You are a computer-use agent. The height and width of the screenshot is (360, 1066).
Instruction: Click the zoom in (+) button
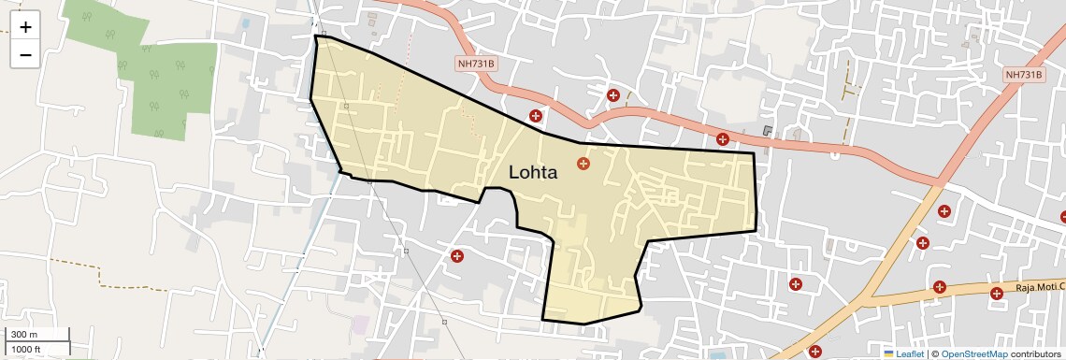click(25, 27)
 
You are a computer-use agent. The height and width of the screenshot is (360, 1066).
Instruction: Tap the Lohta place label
click(533, 173)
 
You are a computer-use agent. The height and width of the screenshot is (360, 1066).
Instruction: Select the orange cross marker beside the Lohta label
click(583, 164)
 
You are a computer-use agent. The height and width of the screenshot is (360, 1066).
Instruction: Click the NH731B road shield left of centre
click(477, 64)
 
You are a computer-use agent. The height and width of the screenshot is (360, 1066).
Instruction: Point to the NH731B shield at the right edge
click(1024, 75)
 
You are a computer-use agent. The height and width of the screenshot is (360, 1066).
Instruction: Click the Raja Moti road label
click(1040, 292)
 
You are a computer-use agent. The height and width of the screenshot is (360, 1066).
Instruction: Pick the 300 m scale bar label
click(24, 335)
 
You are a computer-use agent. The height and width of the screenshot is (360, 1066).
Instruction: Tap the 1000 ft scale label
click(26, 349)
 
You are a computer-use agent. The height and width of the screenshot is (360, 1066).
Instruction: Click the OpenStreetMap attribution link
click(973, 353)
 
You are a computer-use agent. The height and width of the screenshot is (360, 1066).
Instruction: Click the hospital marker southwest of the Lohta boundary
click(457, 256)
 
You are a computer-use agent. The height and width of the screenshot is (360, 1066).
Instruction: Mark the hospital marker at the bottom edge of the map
click(815, 353)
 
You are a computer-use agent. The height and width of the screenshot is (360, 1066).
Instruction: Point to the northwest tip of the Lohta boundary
click(316, 37)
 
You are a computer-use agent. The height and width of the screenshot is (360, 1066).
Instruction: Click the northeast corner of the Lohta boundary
click(754, 153)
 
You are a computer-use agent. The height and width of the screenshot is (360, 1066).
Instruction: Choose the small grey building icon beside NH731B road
click(769, 131)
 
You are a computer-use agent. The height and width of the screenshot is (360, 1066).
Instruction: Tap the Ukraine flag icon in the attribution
click(889, 353)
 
